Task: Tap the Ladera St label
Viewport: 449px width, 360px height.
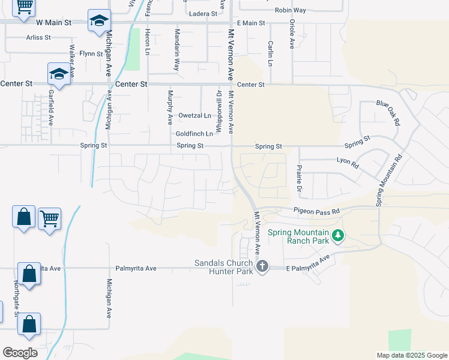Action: pyautogui.click(x=202, y=14)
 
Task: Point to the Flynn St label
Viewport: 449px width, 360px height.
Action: pyautogui.click(x=92, y=53)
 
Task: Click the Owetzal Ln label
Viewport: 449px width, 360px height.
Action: pyautogui.click(x=194, y=115)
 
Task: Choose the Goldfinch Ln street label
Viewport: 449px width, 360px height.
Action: pyautogui.click(x=194, y=134)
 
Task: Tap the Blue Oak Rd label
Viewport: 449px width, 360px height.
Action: pyautogui.click(x=388, y=112)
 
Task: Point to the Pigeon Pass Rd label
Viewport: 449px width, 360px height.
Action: pyautogui.click(x=316, y=211)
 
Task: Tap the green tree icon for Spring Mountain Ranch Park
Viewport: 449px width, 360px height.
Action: pyautogui.click(x=338, y=236)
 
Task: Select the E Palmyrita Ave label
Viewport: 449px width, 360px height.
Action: pyautogui.click(x=308, y=264)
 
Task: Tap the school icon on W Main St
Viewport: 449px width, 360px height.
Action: pyautogui.click(x=98, y=22)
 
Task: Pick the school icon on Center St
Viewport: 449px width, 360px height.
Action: pyautogui.click(x=59, y=74)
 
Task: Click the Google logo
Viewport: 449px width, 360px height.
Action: pyautogui.click(x=20, y=353)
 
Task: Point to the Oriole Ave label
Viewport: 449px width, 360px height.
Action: pyautogui.click(x=291, y=34)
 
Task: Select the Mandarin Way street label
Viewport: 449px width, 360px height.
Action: pyautogui.click(x=176, y=43)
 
